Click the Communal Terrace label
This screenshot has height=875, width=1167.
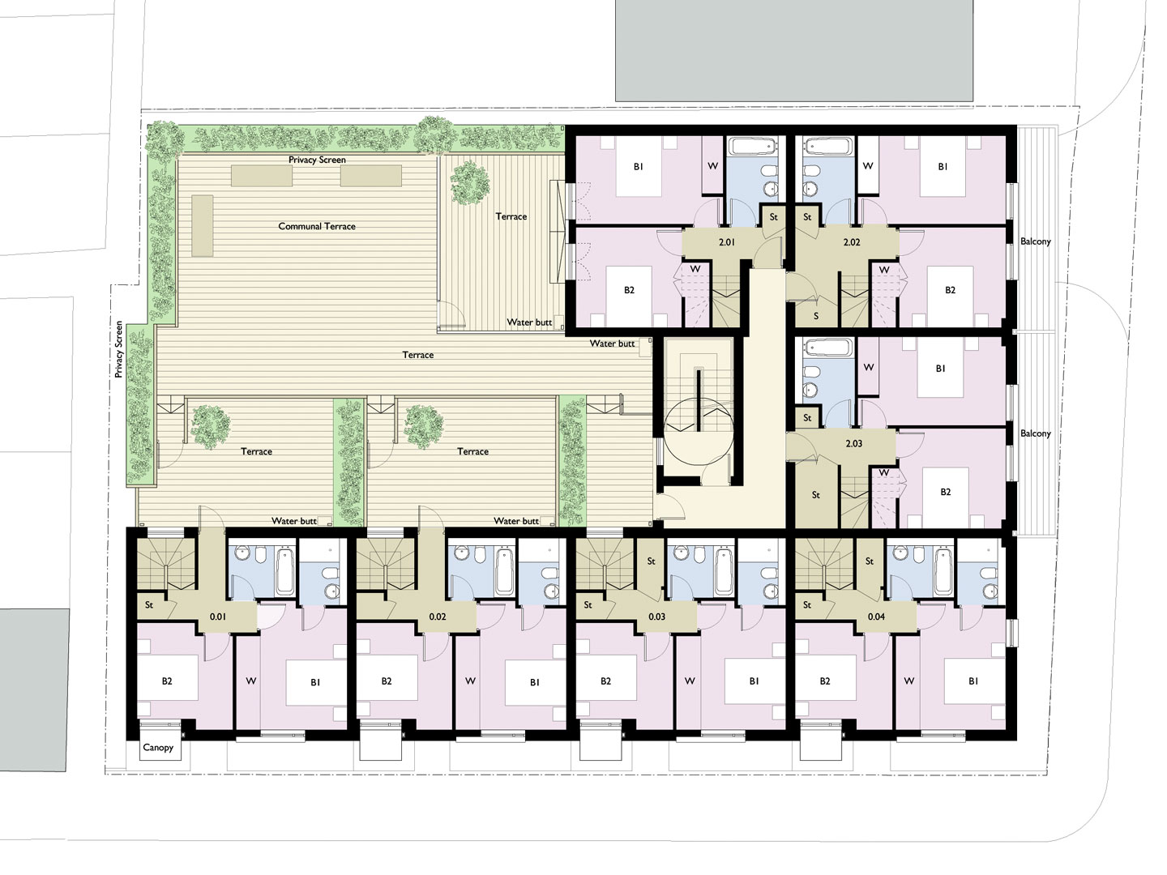(x=317, y=226)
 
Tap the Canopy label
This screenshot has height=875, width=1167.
(x=158, y=748)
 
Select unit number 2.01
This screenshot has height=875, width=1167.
(x=726, y=242)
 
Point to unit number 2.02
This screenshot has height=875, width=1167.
(x=851, y=242)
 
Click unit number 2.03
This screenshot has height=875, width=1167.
(x=853, y=444)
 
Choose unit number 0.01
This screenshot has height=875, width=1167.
(x=218, y=617)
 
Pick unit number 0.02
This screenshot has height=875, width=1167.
(x=438, y=617)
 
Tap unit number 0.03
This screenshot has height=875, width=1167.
(x=656, y=617)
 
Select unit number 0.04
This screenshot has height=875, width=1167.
(x=876, y=617)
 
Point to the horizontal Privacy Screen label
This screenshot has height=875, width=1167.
(x=317, y=160)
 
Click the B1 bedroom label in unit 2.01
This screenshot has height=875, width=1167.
(x=638, y=167)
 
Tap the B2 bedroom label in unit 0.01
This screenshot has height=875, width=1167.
(x=167, y=681)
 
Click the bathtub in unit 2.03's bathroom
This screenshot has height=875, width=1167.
(x=828, y=348)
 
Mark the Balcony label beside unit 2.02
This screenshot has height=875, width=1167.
(x=1035, y=241)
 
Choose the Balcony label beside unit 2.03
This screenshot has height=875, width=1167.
(x=1035, y=433)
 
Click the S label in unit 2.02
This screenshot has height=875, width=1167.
(x=816, y=316)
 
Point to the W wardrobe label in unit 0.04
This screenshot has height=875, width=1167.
(x=908, y=681)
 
